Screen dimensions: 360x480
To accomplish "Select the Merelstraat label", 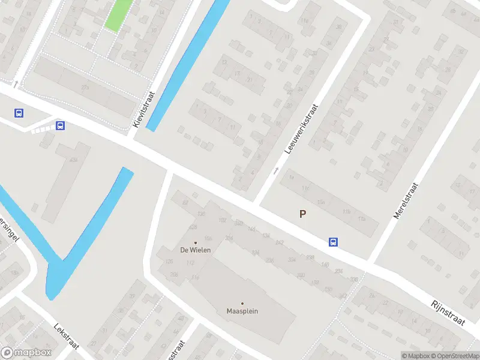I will coord(406,201).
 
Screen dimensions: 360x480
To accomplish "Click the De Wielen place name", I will coord(196,250).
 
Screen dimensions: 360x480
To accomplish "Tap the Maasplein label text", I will coord(242,311).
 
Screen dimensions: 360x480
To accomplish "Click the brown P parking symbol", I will coord(302,214).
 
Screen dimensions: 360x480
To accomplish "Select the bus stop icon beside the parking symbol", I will coord(333,242).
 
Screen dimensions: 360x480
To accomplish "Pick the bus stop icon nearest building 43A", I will coord(60,125).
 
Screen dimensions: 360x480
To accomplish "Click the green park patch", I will coord(119,14).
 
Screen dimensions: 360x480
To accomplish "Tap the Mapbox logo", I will coord(26,353).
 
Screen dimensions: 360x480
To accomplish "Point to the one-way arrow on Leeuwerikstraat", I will coord(276,170).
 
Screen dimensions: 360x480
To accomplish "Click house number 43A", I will coord(73,160).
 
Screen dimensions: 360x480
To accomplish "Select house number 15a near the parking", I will coord(321,202).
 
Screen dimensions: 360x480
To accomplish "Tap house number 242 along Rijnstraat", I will coord(279,242).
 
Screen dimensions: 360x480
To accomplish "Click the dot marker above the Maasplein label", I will coord(242,304).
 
